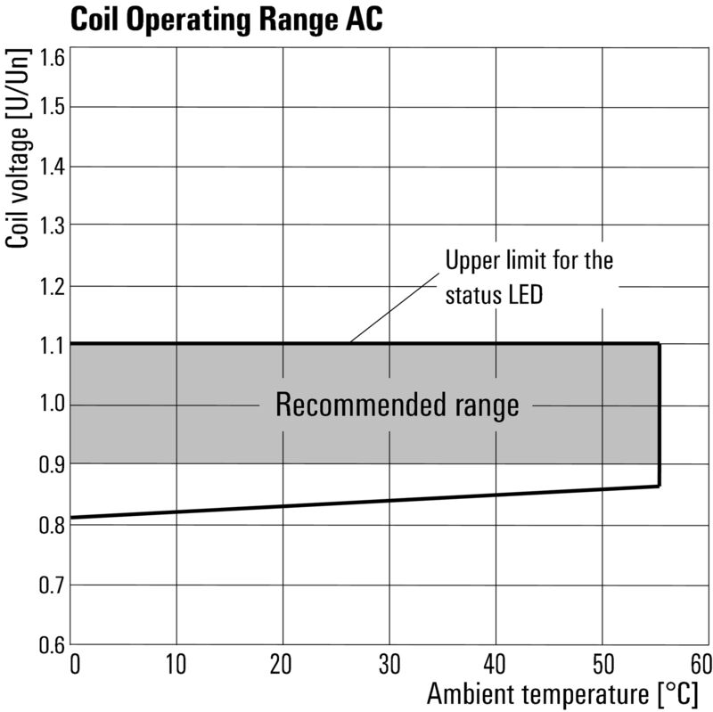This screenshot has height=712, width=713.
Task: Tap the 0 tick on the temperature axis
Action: [x=75, y=664]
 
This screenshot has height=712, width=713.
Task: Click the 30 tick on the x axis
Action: [x=389, y=664]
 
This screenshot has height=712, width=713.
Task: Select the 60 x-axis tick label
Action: [x=701, y=664]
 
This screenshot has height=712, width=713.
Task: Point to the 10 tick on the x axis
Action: [x=176, y=664]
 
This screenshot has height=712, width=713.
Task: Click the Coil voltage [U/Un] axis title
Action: [x=18, y=149]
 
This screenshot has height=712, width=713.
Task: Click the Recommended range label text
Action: [x=397, y=406]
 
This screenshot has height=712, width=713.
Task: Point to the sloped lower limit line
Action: [x=356, y=501]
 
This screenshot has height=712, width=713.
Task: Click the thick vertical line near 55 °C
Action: [x=659, y=414]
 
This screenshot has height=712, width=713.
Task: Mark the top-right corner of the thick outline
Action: [x=659, y=344]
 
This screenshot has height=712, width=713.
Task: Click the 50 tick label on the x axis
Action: [x=602, y=664]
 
